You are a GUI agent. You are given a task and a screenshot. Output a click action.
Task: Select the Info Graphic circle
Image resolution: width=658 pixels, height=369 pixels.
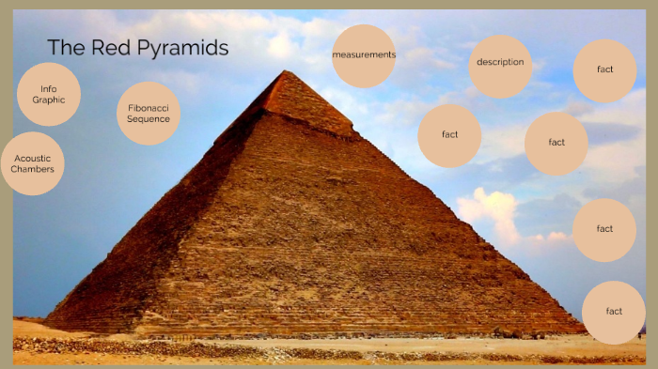(x=49, y=94)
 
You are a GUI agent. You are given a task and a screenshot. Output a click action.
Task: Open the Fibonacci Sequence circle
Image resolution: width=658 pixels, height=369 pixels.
(x=149, y=114)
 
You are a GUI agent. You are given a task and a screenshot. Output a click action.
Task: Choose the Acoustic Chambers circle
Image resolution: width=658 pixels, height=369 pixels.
(x=33, y=163)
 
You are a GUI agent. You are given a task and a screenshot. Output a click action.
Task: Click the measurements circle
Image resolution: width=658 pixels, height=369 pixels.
(x=364, y=55)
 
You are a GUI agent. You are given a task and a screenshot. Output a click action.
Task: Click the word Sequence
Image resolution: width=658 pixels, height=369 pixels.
(x=149, y=119)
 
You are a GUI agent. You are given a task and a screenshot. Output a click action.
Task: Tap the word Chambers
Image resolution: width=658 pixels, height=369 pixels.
(x=33, y=169)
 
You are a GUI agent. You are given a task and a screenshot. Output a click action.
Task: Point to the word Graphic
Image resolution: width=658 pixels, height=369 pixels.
(x=49, y=100)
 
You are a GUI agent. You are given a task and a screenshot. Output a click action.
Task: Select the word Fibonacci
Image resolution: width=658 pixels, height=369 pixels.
(x=149, y=108)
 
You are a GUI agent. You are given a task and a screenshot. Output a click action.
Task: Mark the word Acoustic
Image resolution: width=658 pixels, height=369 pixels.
(x=33, y=158)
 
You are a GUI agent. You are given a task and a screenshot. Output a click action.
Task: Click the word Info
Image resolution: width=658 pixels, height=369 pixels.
(x=49, y=88)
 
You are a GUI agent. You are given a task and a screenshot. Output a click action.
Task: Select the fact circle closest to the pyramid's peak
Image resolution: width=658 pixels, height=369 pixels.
(x=449, y=135)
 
